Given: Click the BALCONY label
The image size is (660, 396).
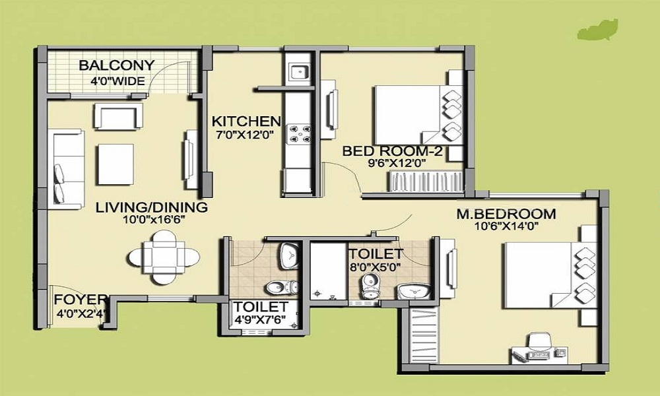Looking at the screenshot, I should click(117, 65).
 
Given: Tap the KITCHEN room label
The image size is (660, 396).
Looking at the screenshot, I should click(246, 121).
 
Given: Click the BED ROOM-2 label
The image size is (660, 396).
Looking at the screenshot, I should click(392, 151).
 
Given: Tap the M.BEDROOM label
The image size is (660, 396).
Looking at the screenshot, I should click(506, 214).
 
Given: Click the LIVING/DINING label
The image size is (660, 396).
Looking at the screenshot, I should click(151, 207).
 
